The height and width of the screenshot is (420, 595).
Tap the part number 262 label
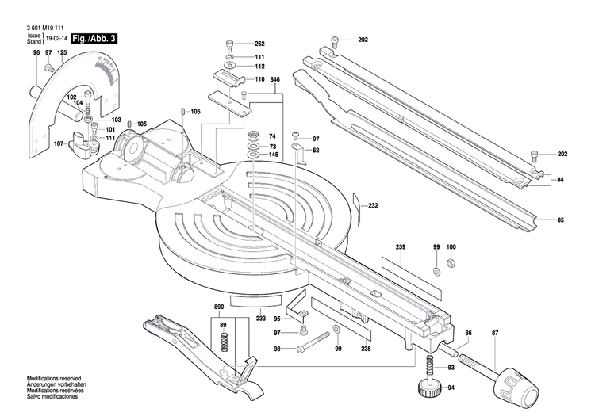coord(259,43)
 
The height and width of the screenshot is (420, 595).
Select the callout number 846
coord(275,81)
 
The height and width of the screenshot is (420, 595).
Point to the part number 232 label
coord(373,206)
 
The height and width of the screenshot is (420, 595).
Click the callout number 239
coord(401,248)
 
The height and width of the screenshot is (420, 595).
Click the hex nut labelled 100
coord(451,263)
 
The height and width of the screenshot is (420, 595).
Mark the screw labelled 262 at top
coord(230,44)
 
